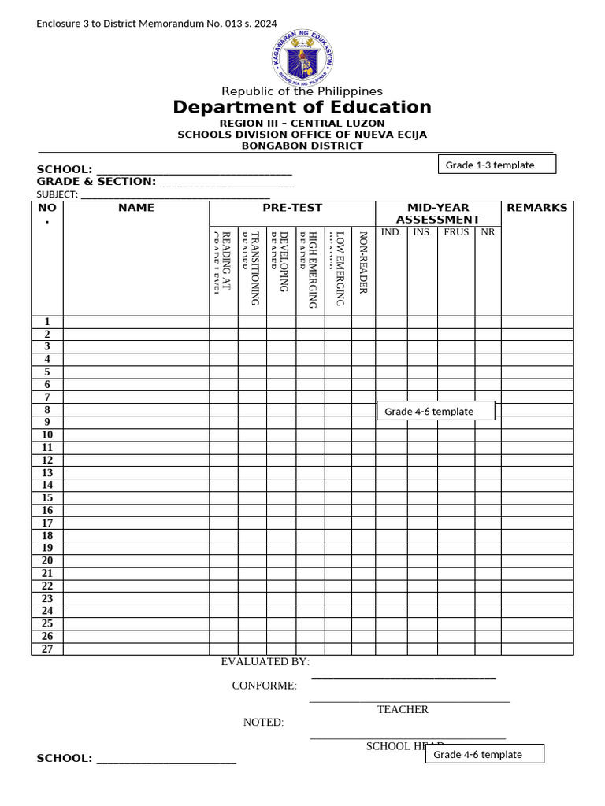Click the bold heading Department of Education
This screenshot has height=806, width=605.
pyautogui.click(x=302, y=107)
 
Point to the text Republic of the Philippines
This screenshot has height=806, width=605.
pyautogui.click(x=302, y=91)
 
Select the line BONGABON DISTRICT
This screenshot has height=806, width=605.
pyautogui.click(x=302, y=146)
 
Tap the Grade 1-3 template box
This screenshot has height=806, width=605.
pyautogui.click(x=497, y=165)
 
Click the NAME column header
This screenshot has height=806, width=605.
pyautogui.click(x=136, y=208)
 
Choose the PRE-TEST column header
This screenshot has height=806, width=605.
pyautogui.click(x=292, y=208)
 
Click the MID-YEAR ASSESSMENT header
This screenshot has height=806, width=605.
pyautogui.click(x=437, y=213)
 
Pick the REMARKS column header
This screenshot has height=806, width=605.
pyautogui.click(x=536, y=208)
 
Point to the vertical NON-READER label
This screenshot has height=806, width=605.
pyautogui.click(x=363, y=262)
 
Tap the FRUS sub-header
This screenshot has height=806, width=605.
pyautogui.click(x=456, y=232)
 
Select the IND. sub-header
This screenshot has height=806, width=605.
pyautogui.click(x=391, y=232)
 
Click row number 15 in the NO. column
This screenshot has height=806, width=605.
pyautogui.click(x=47, y=497)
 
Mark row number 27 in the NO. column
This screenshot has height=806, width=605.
pyautogui.click(x=47, y=649)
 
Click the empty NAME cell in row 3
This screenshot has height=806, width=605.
pyautogui.click(x=136, y=346)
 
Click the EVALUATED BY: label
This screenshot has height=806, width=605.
pyautogui.click(x=265, y=662)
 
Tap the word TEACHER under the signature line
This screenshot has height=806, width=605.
pyautogui.click(x=403, y=709)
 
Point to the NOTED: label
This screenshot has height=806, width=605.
pyautogui.click(x=263, y=723)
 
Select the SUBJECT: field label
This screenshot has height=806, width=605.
pyautogui.click(x=57, y=194)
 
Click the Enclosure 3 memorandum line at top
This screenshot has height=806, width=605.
pyautogui.click(x=157, y=24)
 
